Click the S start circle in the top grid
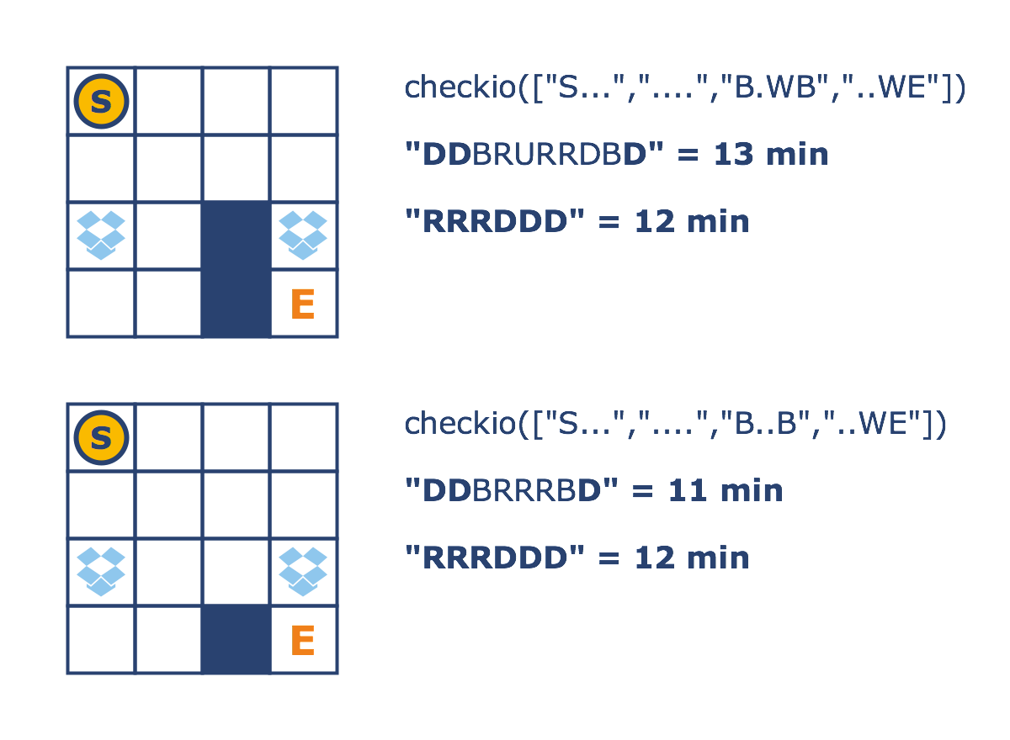(x=101, y=101)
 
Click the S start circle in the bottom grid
(x=101, y=437)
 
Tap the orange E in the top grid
(x=302, y=304)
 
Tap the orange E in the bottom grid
(x=302, y=641)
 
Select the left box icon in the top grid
(x=101, y=235)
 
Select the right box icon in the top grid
(x=303, y=235)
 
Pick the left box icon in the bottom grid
(x=101, y=571)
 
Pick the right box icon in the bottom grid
(x=303, y=571)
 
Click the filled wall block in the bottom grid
(x=236, y=639)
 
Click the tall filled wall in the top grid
(x=236, y=269)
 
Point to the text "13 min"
(x=771, y=155)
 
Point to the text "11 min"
(x=726, y=491)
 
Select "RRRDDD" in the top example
(x=495, y=222)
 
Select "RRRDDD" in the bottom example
(x=495, y=558)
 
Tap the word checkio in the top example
(x=460, y=87)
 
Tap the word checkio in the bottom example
(x=460, y=424)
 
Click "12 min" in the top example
(x=692, y=222)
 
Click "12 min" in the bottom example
(x=692, y=558)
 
